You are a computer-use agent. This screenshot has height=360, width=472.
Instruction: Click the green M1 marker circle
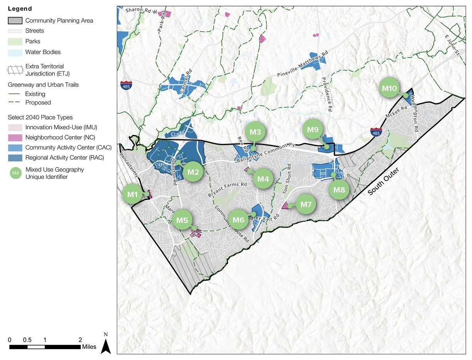pos(133,195)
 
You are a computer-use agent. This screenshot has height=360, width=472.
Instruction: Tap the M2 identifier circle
pos(193,172)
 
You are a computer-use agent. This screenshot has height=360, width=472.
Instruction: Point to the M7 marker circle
pos(306,204)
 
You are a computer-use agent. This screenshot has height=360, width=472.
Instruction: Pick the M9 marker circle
pos(313,130)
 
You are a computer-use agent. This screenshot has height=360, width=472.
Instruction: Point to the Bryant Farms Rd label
pos(227,189)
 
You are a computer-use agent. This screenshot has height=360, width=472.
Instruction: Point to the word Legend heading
pos(20,8)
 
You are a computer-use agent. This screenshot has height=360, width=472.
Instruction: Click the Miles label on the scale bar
pos(89,347)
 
